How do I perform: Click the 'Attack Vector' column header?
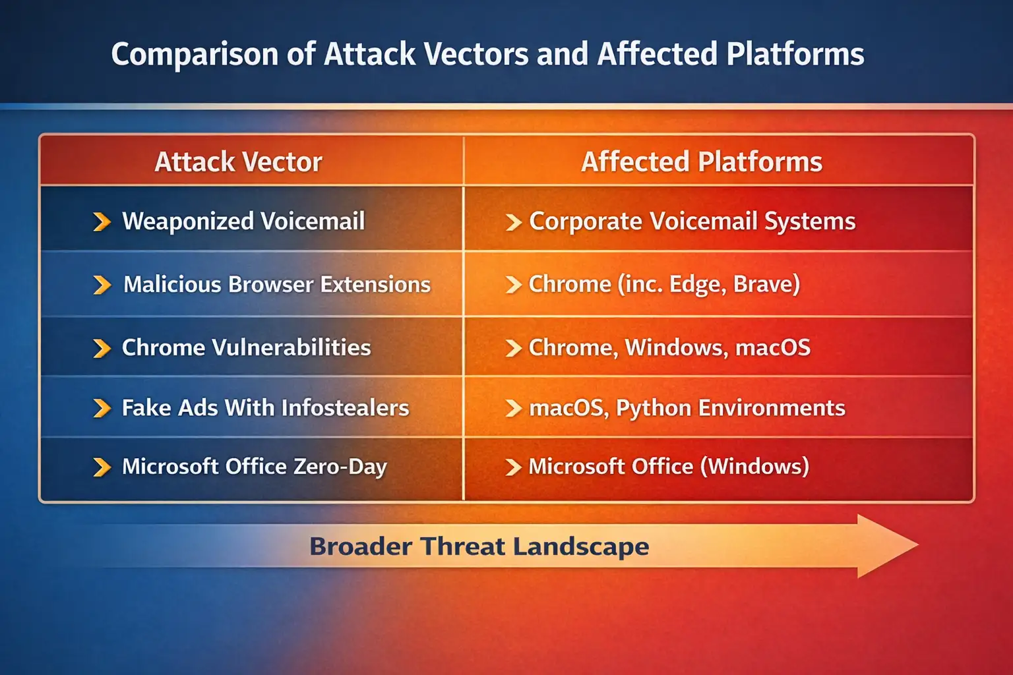coord(238,161)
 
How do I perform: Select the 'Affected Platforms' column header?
coord(701,161)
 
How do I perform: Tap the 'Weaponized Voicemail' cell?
coord(243,221)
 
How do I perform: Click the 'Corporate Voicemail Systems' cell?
coord(692,221)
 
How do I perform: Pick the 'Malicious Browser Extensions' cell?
coord(277,284)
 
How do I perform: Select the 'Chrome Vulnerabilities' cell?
coord(246,347)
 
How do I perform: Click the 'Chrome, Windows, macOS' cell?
coord(669,347)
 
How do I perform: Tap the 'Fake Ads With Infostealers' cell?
coord(265,407)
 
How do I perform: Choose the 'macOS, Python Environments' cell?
coord(687,407)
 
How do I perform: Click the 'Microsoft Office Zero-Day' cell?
coord(254,466)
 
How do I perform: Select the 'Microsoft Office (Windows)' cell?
coord(668,466)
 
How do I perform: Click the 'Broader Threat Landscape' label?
coord(479,546)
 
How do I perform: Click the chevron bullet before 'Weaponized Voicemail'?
coord(102,221)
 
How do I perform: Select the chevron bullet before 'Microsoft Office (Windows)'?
coord(513,467)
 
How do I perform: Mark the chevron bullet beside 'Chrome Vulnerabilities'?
coord(102,348)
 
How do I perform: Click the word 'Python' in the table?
coord(653,408)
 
